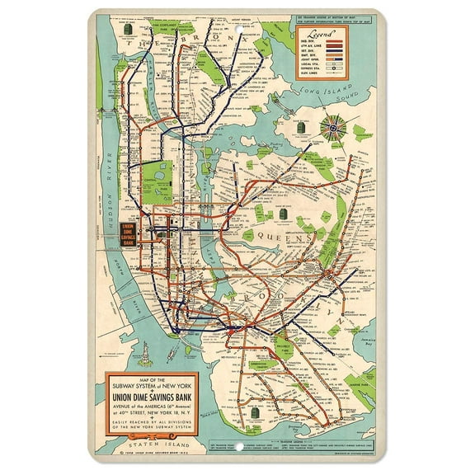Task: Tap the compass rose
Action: point(335,127)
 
